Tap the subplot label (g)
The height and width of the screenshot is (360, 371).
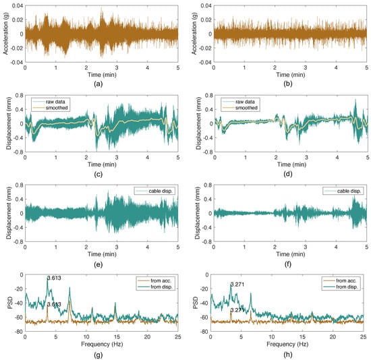pos(101,354)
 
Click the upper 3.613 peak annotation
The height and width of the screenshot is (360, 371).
pos(55,278)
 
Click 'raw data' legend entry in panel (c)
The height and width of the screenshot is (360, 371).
pos(56,100)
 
